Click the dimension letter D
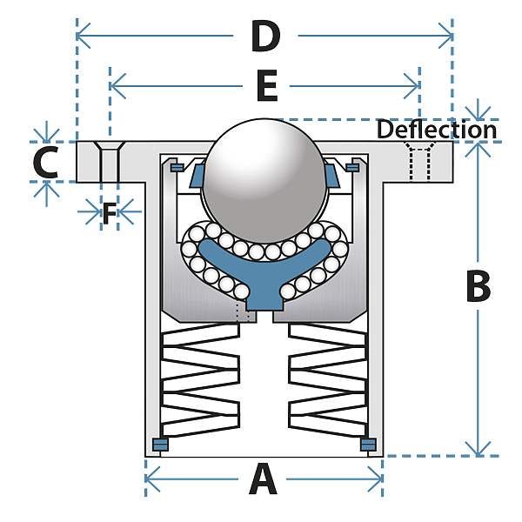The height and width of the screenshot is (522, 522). [265, 36]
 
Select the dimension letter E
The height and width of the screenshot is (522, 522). [267, 85]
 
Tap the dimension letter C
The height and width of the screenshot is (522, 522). [46, 163]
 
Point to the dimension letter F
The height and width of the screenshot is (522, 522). [110, 213]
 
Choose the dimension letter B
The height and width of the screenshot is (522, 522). [478, 286]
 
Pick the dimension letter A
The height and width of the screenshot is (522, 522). [263, 479]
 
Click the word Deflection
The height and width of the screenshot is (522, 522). [437, 130]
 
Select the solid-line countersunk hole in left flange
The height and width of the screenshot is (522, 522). [110, 162]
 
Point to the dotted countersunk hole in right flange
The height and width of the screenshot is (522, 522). [419, 162]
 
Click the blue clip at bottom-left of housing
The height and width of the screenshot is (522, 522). [160, 445]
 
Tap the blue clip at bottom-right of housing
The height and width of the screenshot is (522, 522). [368, 445]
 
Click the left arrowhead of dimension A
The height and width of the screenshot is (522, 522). [151, 479]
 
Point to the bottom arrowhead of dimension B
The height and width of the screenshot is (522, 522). [478, 450]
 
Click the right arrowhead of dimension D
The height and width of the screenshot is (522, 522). [446, 36]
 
